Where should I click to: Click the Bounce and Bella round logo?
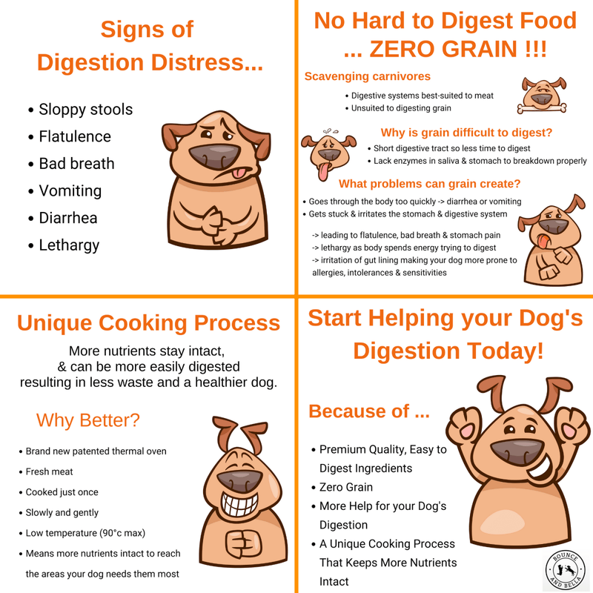pos(566,570)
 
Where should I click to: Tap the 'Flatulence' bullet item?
pos(75,136)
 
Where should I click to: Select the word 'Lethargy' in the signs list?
pos(69,245)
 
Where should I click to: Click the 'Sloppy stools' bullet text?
pos(86,110)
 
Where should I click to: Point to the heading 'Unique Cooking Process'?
pos(148,323)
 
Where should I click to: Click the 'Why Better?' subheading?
pos(87,420)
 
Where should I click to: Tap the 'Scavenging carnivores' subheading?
pos(368,76)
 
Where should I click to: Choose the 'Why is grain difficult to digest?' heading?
pos(466,133)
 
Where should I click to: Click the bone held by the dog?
pos(543,108)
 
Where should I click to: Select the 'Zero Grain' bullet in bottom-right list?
pos(346,487)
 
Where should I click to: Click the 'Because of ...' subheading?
pos(368,411)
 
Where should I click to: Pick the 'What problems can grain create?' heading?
pos(429,184)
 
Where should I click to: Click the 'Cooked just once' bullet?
pos(62,492)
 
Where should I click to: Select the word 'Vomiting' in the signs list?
pos(70,191)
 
